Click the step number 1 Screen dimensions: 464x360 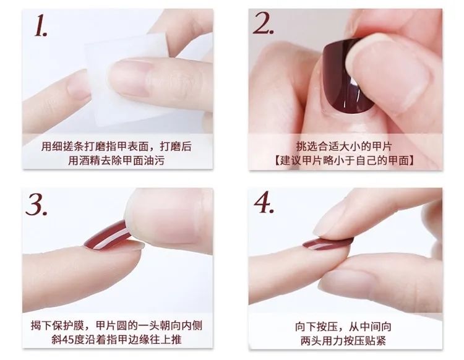[x=41, y=26]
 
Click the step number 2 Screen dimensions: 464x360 [x=263, y=24]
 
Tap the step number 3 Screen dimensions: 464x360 [x=36, y=204]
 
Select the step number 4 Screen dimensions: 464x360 [x=264, y=202]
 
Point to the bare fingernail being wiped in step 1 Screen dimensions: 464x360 [x=130, y=77]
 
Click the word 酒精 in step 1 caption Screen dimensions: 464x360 [x=90, y=161]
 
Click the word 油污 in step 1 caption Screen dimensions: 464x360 [x=154, y=161]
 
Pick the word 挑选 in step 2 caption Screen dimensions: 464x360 [x=307, y=147]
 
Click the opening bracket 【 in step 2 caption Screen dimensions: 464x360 [x=277, y=161]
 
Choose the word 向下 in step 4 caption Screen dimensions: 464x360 [x=306, y=327]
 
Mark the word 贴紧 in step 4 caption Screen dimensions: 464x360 [x=376, y=341]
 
